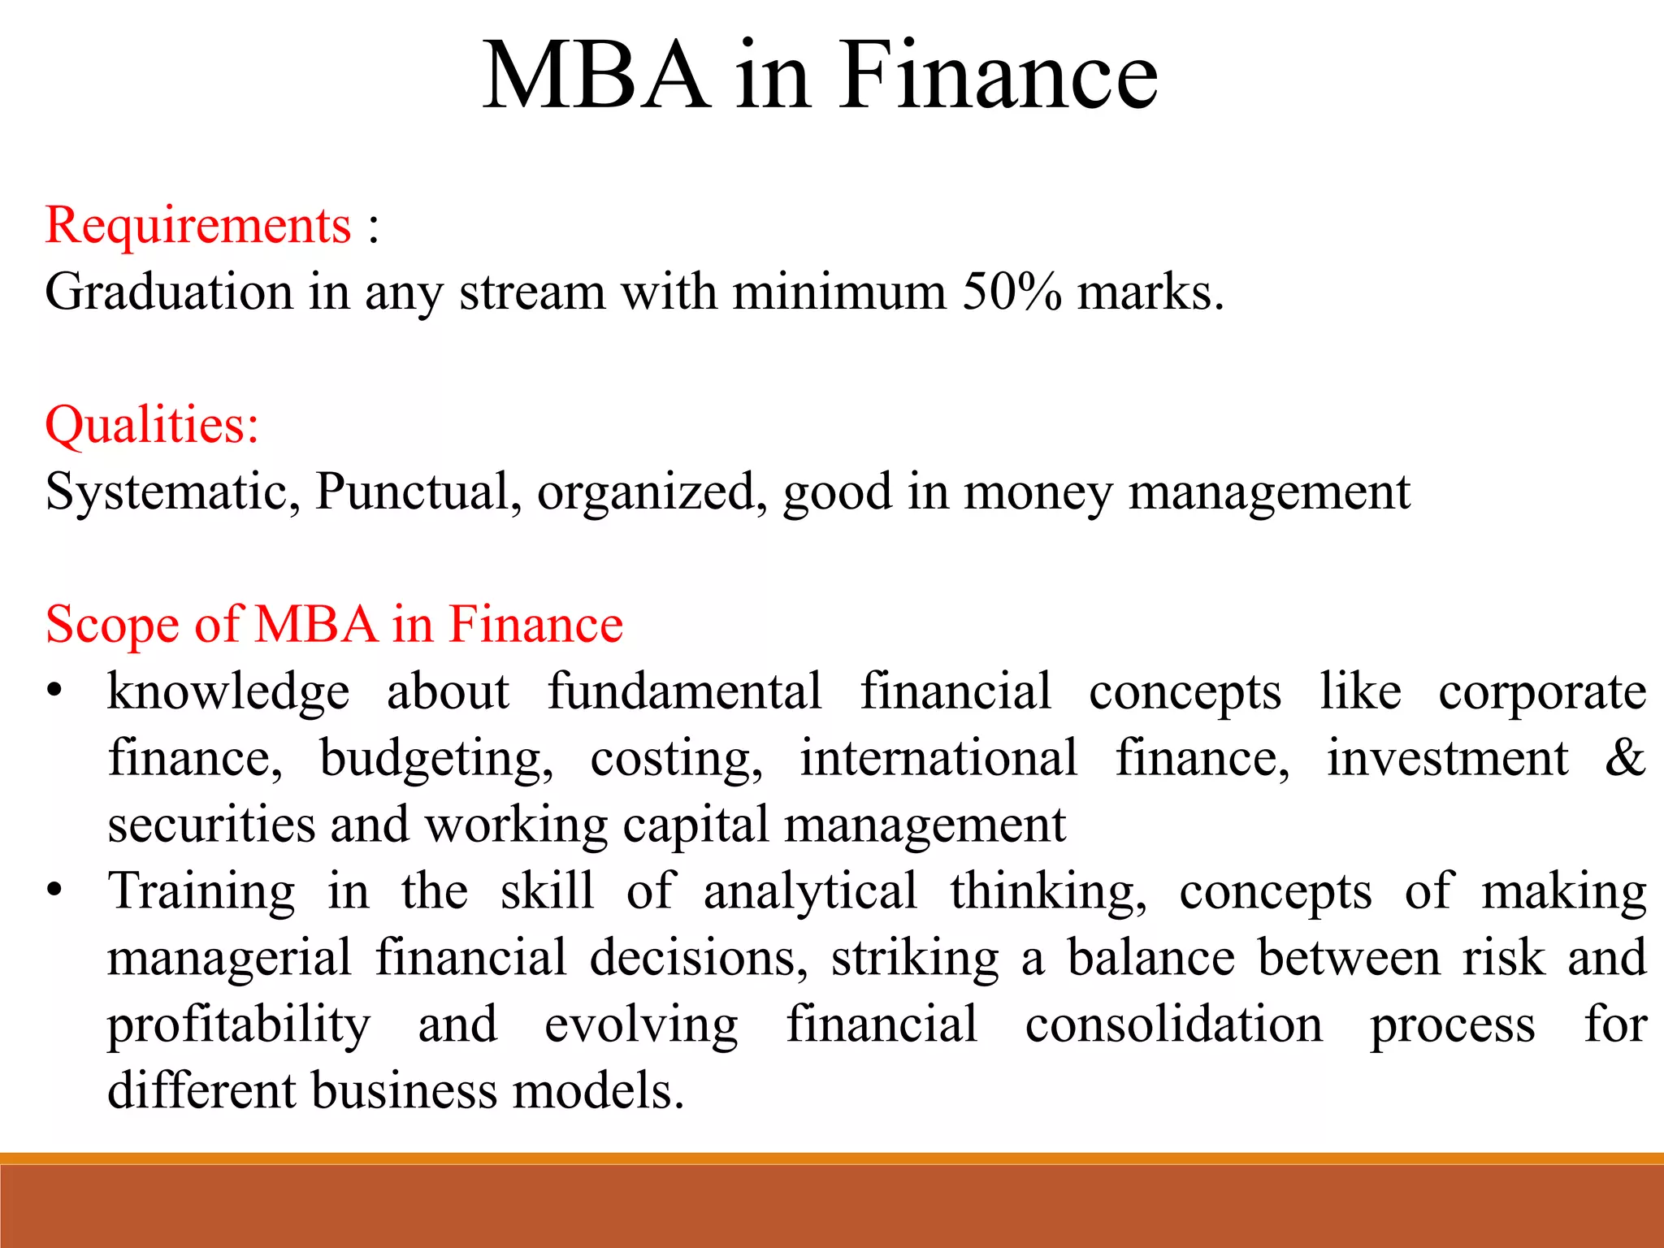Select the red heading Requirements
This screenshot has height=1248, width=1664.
click(197, 225)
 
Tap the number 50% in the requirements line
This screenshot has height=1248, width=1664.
click(1012, 292)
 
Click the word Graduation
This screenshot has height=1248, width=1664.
click(169, 292)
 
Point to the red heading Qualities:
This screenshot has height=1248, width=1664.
click(152, 425)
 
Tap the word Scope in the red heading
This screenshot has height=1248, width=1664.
click(112, 625)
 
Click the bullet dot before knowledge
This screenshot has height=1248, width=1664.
click(54, 691)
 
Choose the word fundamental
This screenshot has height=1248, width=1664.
click(684, 691)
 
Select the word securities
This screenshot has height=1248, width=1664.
click(211, 825)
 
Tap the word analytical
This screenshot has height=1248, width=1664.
click(810, 891)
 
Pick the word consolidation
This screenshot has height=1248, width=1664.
click(1173, 1025)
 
